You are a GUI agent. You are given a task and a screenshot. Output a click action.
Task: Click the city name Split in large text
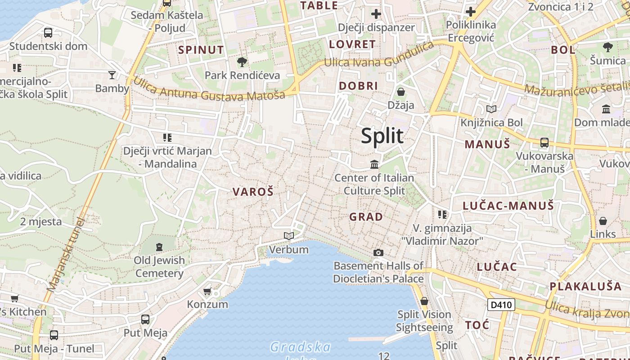coord(382,136)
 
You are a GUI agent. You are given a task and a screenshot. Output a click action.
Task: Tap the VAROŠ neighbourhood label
coord(253,192)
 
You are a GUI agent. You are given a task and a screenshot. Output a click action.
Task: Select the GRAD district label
coord(366,217)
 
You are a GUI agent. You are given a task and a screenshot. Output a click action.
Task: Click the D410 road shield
coord(501,305)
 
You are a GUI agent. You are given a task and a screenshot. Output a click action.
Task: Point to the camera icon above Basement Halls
coord(378,252)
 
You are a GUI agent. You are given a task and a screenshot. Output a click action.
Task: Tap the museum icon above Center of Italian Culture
coord(374,165)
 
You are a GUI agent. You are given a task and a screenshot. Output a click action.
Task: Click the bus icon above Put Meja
coord(145,319)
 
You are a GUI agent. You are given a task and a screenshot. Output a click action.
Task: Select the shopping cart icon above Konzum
coord(207,291)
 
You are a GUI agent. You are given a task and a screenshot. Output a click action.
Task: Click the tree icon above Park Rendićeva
coord(242,62)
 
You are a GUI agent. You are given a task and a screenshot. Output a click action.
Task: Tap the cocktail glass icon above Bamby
coord(112,75)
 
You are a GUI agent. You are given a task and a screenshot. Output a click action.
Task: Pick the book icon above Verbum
coord(289,236)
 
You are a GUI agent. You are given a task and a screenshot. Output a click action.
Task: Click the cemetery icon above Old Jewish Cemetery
coord(159,247)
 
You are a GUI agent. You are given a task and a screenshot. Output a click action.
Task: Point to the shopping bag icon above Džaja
coord(401,92)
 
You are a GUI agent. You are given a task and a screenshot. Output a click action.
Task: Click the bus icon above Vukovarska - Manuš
coord(544,143)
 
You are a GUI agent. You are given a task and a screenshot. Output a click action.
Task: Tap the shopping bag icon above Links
coord(603,221)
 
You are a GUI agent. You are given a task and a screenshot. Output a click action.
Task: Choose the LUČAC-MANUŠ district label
coord(508,206)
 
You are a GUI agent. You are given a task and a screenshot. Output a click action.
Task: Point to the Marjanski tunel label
coord(66,254)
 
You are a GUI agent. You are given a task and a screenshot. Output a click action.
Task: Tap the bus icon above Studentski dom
coord(48,32)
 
